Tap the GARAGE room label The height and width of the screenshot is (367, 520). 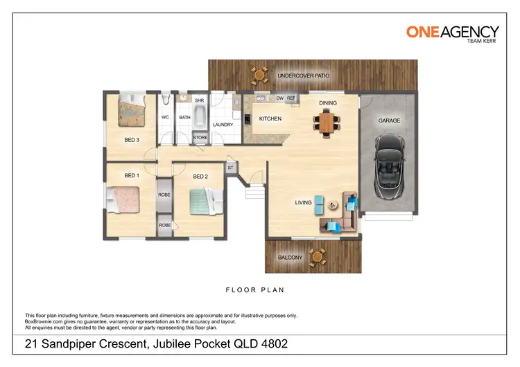389,120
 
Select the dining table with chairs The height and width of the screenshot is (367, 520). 327,123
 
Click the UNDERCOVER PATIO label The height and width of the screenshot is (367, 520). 303,75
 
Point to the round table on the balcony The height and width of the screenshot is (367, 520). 318,256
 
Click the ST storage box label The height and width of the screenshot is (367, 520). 230,168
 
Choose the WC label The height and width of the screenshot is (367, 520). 166,117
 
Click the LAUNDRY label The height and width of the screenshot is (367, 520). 223,125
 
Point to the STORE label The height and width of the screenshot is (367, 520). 200,138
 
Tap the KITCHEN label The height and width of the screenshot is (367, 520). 270,119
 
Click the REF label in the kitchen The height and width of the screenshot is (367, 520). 291,98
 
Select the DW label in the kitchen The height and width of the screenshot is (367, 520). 280,98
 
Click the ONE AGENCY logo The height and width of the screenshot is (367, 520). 452,33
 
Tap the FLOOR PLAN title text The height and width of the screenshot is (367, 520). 256,290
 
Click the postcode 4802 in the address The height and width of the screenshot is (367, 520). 273,344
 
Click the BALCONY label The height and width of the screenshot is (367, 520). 290,258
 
